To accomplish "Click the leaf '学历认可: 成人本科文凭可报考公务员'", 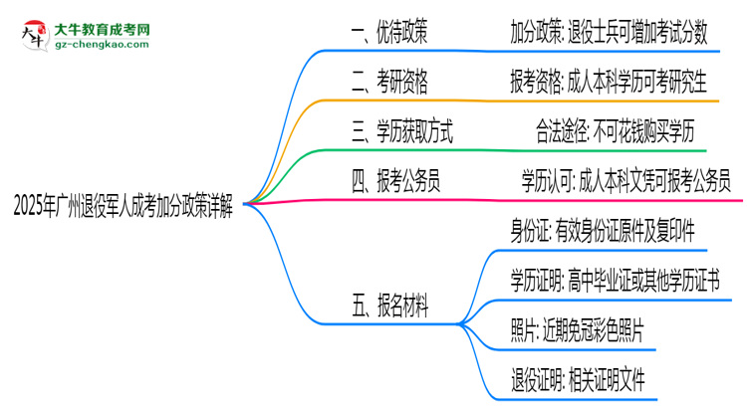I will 626,181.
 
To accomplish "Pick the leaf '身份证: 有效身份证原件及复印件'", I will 603,232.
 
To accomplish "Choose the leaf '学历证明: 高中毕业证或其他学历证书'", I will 613,282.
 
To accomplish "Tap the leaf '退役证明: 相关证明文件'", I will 578,379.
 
